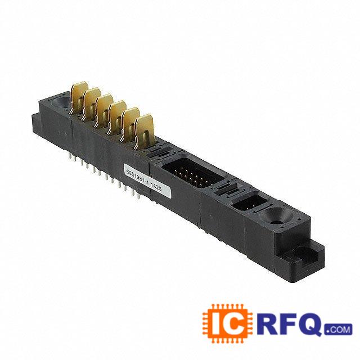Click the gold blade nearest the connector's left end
tap(79, 97)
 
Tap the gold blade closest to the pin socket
tap(143, 131)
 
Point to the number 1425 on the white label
tap(156, 187)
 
